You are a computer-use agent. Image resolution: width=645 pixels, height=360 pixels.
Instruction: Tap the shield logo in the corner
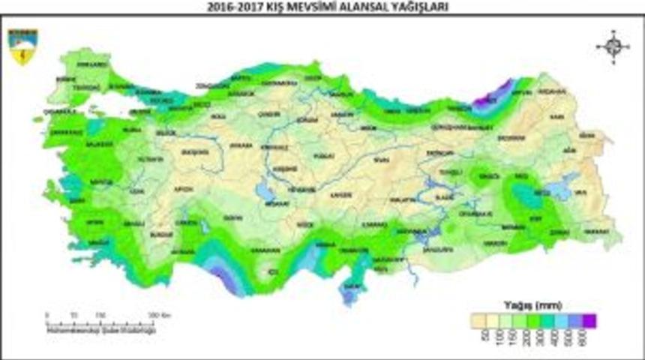pyautogui.click(x=23, y=46)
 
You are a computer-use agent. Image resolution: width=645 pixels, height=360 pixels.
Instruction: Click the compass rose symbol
pyautogui.click(x=613, y=47)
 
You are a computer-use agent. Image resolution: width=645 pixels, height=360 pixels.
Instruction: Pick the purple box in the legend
pyautogui.click(x=589, y=320)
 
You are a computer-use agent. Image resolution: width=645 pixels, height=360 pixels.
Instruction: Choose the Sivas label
pyautogui.click(x=382, y=159)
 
